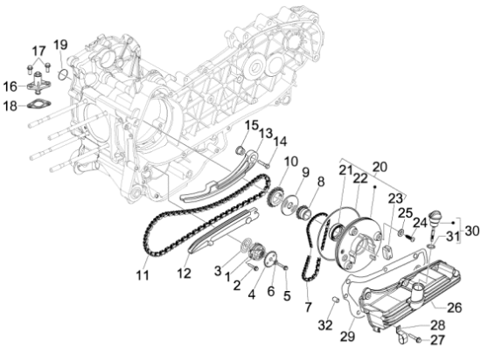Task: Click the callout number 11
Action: pos(143,276)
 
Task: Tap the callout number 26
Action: pos(454,307)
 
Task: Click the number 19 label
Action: pos(60,45)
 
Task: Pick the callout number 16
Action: pos(10,86)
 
